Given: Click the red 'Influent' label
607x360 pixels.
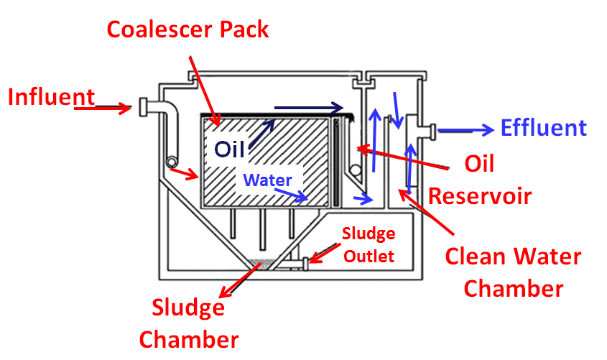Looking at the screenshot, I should pos(51,97).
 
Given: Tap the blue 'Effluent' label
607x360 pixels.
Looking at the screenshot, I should pos(544,128).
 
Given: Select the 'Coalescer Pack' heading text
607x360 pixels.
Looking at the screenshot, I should pos(187,29).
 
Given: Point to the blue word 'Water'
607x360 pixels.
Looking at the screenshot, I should pos(267,180).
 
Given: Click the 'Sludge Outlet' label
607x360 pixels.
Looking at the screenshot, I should pos(367,244).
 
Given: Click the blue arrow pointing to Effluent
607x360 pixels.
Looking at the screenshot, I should pos(465,130).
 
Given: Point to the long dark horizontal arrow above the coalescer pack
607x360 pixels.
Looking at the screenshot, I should pos(309,109).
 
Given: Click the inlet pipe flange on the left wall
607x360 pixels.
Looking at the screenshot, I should pos(143,108).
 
